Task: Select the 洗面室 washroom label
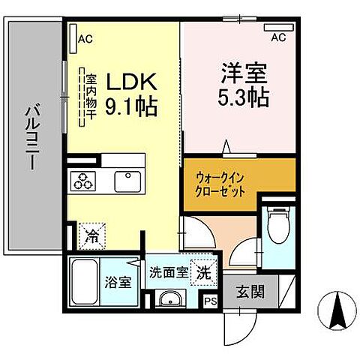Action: click(x=168, y=272)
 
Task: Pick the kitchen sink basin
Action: click(x=125, y=181)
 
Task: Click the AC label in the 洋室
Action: click(x=278, y=37)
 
